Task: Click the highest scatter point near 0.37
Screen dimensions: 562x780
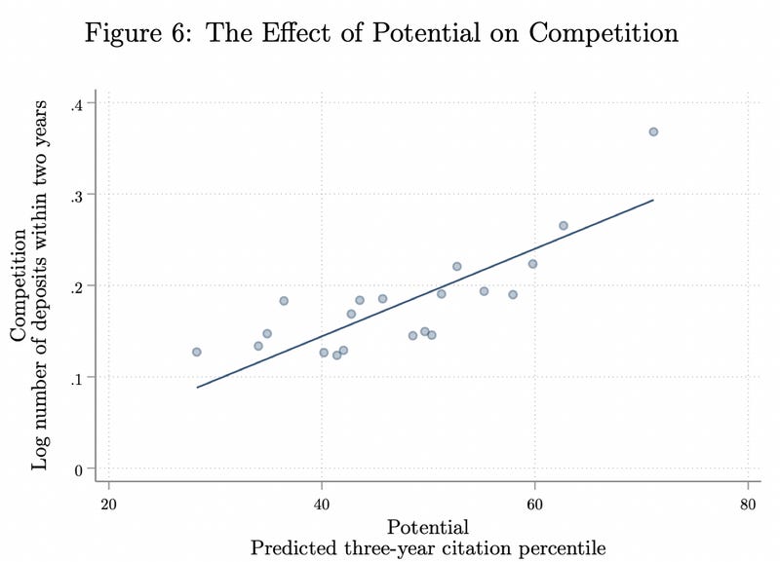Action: pos(653,131)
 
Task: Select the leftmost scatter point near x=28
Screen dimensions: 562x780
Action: pos(196,352)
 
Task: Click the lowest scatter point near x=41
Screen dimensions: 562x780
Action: pos(336,356)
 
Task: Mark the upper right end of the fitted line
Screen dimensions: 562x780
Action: pos(653,200)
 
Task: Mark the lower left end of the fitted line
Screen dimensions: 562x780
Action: pos(197,388)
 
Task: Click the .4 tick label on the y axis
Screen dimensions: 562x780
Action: pos(77,103)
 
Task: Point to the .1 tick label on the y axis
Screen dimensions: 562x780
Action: pos(77,377)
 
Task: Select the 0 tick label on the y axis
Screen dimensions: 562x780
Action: pos(79,468)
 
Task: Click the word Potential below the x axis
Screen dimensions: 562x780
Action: pos(428,527)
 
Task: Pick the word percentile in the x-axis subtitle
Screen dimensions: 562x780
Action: pos(559,548)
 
